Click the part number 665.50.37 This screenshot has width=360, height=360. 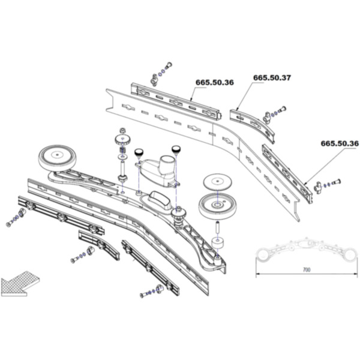click(272, 78)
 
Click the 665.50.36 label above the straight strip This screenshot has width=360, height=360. click(214, 82)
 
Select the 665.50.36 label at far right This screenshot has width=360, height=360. click(340, 143)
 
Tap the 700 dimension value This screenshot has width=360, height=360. click(307, 269)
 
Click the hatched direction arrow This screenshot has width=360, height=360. click(20, 284)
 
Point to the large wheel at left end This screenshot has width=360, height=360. click(57, 158)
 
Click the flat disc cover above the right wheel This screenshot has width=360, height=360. click(217, 182)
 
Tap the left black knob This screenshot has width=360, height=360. click(139, 152)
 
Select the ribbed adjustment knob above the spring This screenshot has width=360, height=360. click(122, 139)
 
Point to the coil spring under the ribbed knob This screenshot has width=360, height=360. click(122, 151)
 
